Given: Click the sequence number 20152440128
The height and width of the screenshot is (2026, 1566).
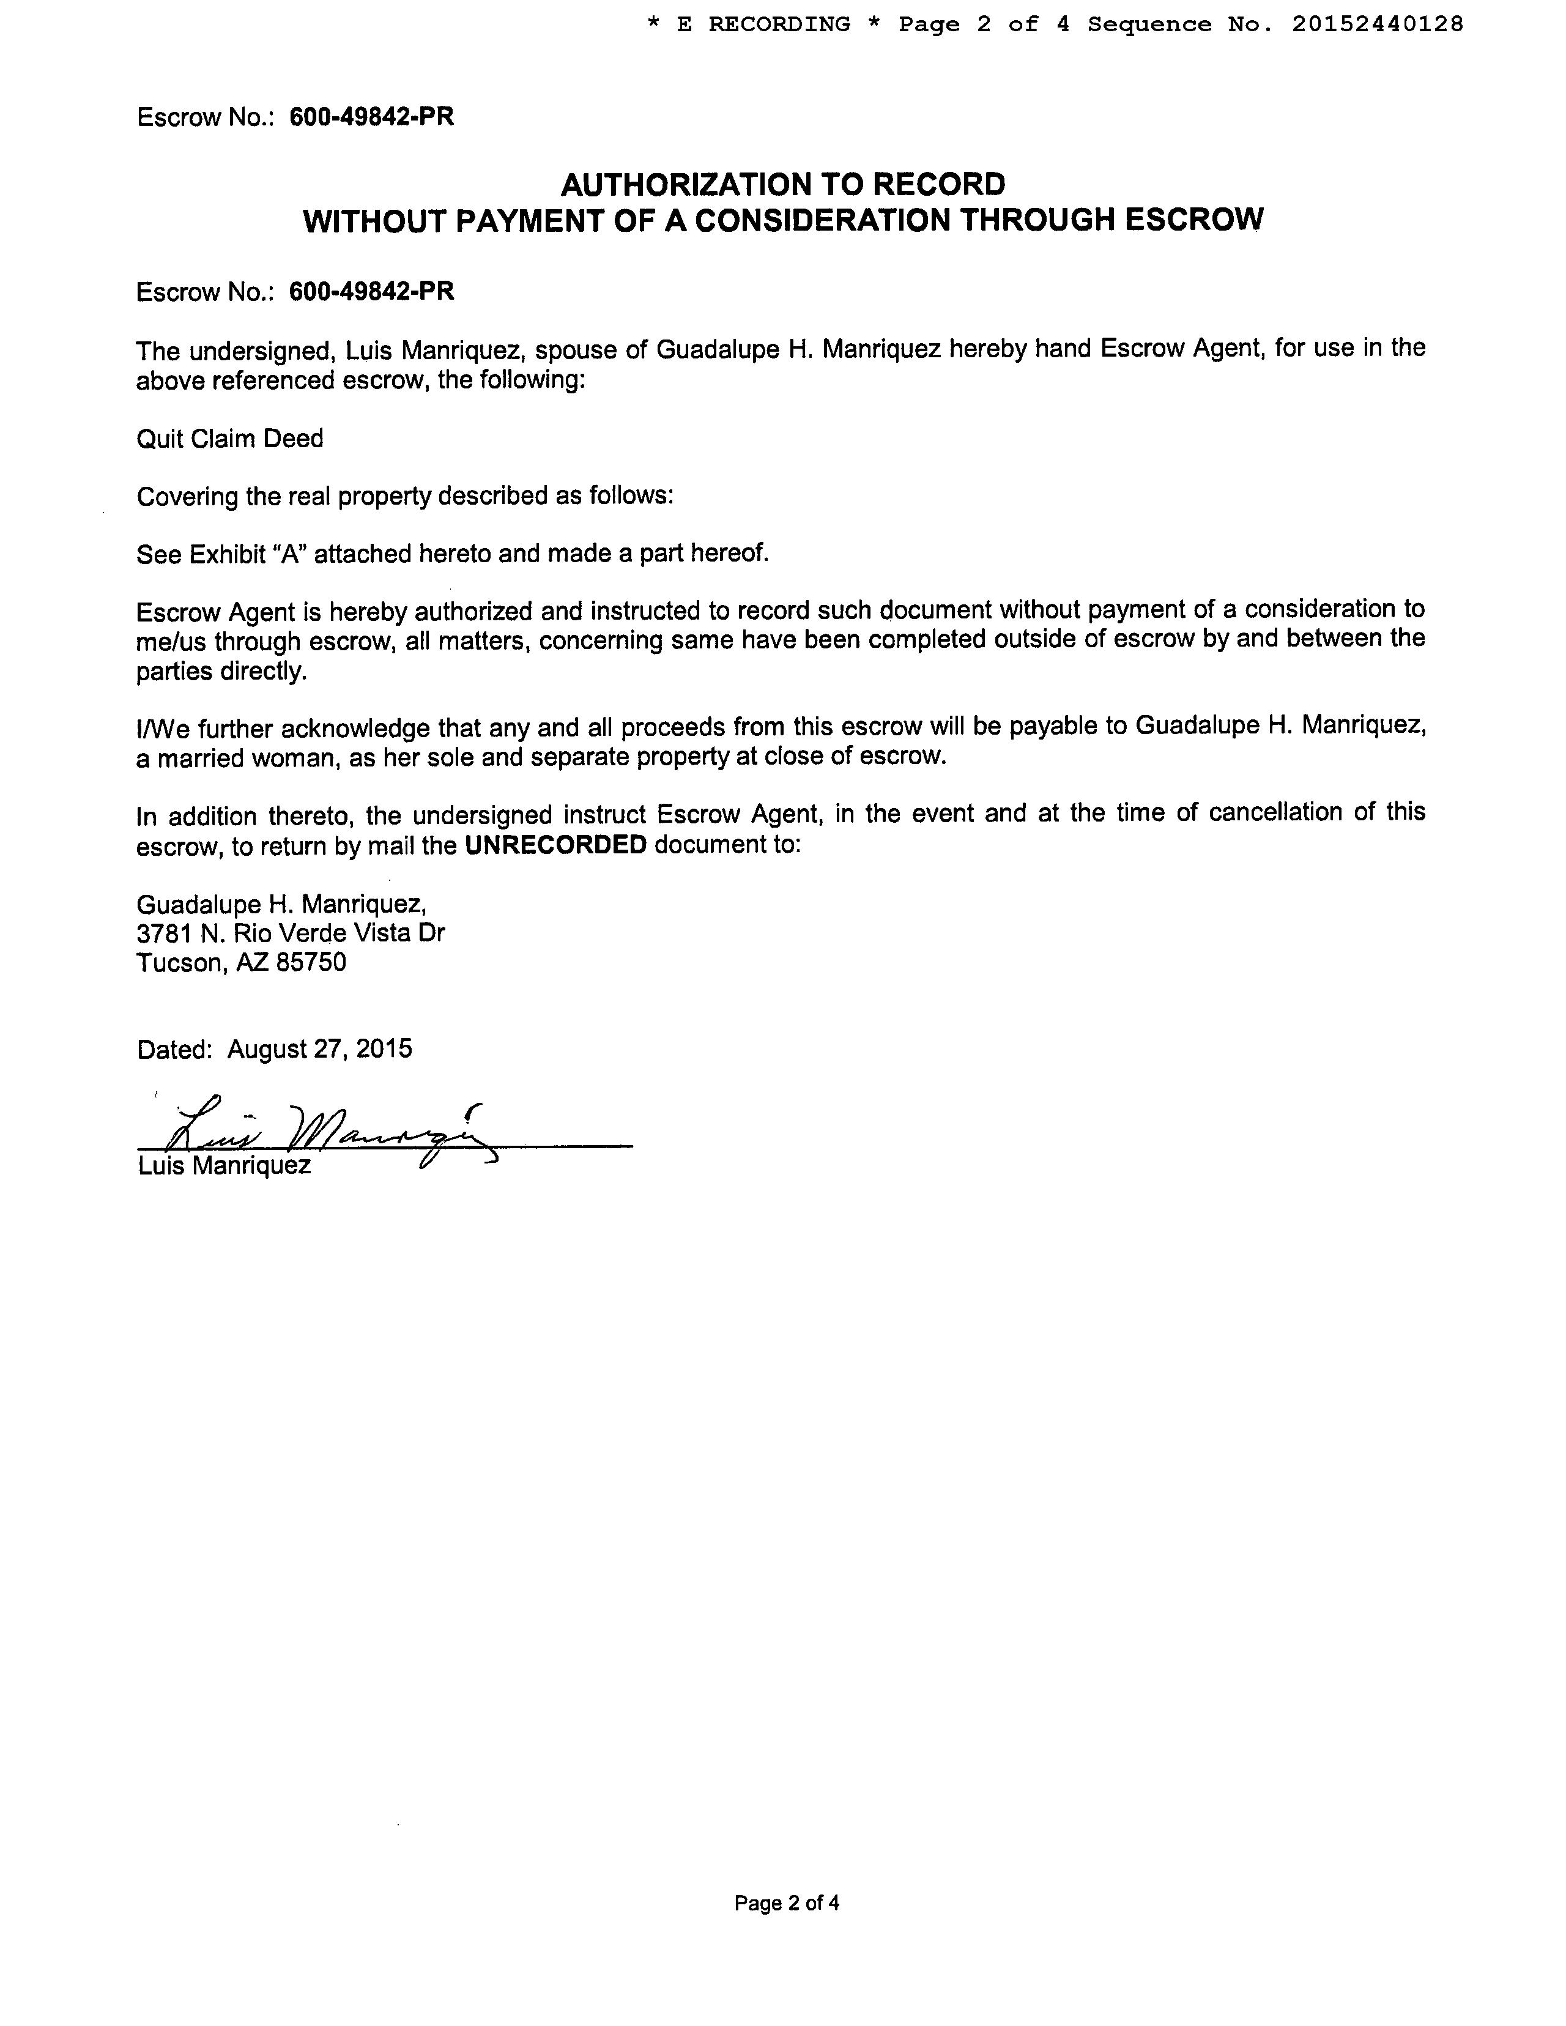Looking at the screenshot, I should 1377,24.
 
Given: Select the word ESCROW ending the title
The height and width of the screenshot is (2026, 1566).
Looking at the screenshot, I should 1194,220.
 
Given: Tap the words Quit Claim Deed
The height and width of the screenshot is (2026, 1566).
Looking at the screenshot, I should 230,438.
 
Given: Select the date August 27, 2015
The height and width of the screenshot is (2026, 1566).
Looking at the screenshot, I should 320,1049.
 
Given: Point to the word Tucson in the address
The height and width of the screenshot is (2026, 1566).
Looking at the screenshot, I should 180,963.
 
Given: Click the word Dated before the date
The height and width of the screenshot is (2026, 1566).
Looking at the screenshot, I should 174,1049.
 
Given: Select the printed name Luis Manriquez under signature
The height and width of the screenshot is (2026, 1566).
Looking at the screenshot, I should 225,1165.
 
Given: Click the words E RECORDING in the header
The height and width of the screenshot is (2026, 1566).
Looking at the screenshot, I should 763,24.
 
